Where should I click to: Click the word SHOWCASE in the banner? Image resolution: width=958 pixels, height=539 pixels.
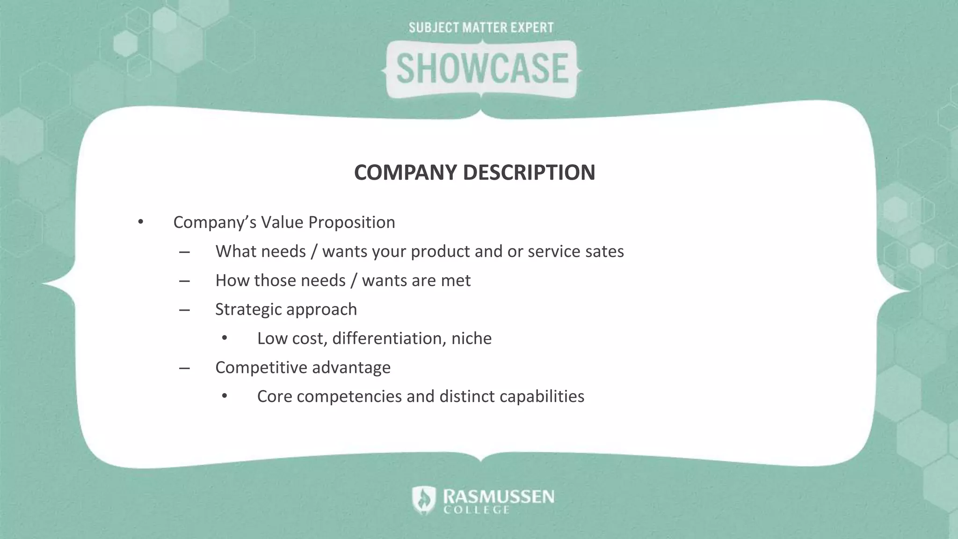point(482,69)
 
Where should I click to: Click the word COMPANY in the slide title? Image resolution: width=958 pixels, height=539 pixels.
point(405,172)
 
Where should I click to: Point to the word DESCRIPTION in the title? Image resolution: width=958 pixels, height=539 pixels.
point(529,172)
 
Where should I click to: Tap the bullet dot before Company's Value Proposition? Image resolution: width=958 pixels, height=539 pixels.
point(141,222)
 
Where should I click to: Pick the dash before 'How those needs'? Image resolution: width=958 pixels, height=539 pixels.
point(184,281)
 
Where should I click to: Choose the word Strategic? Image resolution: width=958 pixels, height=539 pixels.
point(248,310)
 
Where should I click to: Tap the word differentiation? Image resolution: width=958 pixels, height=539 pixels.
point(389,338)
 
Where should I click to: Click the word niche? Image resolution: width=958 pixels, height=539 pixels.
point(472,338)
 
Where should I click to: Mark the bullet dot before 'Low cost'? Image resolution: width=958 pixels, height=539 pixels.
point(225,338)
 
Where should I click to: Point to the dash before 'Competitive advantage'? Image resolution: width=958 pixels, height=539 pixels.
point(184,368)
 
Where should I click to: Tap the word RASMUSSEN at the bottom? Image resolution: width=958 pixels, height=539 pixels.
point(499,496)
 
